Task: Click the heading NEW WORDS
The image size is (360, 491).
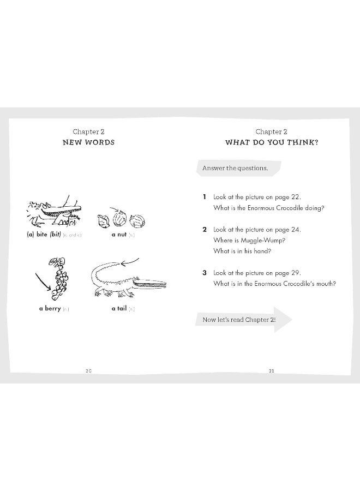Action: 88,142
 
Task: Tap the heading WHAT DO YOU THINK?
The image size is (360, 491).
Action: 272,142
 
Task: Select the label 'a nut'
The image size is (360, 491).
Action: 118,235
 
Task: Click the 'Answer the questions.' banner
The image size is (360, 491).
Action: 236,168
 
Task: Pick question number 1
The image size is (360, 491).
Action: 205,197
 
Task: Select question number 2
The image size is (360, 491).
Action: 205,230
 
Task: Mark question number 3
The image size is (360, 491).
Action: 205,273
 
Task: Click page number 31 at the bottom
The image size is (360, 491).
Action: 271,371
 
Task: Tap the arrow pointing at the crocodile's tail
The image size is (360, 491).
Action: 129,263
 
